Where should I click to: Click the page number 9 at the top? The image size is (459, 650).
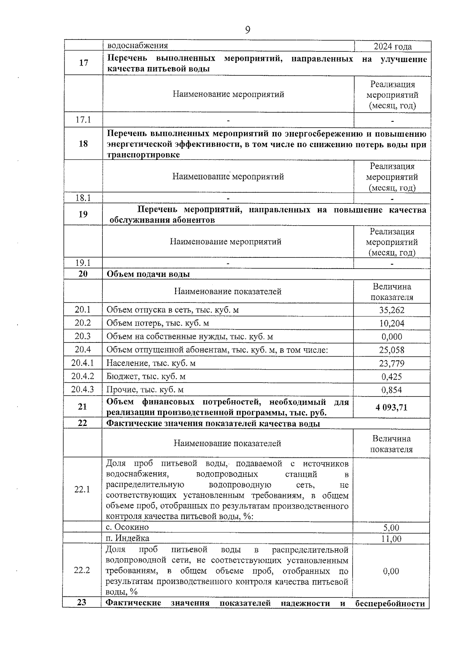pyautogui.click(x=247, y=30)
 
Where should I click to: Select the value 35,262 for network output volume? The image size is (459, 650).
pyautogui.click(x=392, y=310)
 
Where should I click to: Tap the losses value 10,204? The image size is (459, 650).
pyautogui.click(x=392, y=323)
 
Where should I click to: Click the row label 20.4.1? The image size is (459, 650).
pyautogui.click(x=83, y=363)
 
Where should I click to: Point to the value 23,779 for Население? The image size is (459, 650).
pyautogui.click(x=392, y=363)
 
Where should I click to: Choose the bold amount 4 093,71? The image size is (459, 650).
pyautogui.click(x=391, y=407)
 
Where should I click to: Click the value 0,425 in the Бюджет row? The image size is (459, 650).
pyautogui.click(x=392, y=377)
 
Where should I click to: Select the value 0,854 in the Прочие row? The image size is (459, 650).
pyautogui.click(x=392, y=390)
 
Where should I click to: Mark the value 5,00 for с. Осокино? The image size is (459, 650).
pyautogui.click(x=391, y=528)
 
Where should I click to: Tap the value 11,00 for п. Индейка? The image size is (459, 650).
pyautogui.click(x=391, y=539)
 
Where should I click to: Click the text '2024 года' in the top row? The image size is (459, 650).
pyautogui.click(x=392, y=46)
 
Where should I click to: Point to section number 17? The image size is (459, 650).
pyautogui.click(x=83, y=63)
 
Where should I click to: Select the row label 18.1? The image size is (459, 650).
pyautogui.click(x=83, y=198)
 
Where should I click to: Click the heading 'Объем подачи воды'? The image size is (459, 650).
pyautogui.click(x=148, y=274)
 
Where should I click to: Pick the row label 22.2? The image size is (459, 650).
pyautogui.click(x=82, y=570)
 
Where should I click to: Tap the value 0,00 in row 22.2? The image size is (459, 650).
pyautogui.click(x=391, y=571)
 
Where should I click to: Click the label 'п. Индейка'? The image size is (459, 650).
pyautogui.click(x=128, y=538)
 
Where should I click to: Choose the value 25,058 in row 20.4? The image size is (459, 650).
pyautogui.click(x=392, y=350)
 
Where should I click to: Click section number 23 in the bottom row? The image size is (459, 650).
pyautogui.click(x=81, y=603)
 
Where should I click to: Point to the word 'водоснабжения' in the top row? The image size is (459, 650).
pyautogui.click(x=137, y=46)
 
